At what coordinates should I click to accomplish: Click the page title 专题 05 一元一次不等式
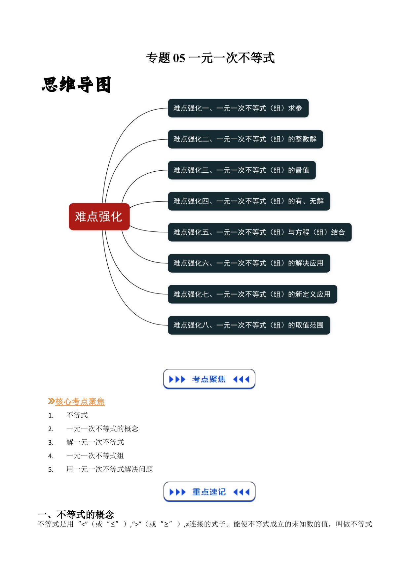tap(210, 58)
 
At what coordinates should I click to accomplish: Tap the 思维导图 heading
tap(76, 85)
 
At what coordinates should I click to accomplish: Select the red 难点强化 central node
tap(99, 217)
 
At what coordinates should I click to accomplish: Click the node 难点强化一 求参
tap(238, 108)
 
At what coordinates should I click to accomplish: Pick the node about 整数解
tap(245, 139)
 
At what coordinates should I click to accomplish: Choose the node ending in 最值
tap(242, 170)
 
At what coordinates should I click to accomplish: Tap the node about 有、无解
tap(249, 201)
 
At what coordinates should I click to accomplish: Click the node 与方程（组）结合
tap(260, 232)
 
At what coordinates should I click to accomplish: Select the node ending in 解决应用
tap(249, 263)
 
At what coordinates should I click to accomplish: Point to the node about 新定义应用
tap(253, 294)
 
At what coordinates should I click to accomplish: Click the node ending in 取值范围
tap(249, 325)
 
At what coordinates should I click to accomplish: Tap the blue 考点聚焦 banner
tap(209, 379)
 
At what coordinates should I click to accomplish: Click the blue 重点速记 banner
tap(209, 492)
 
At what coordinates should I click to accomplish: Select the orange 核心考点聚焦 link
tap(80, 401)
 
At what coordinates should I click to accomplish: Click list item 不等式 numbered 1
tap(77, 415)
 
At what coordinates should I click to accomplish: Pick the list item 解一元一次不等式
tap(95, 442)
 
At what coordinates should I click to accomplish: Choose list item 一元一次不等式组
tap(95, 456)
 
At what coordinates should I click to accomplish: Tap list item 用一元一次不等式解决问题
tap(110, 469)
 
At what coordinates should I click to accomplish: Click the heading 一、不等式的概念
tap(76, 514)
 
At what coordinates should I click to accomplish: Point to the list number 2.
tap(51, 429)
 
